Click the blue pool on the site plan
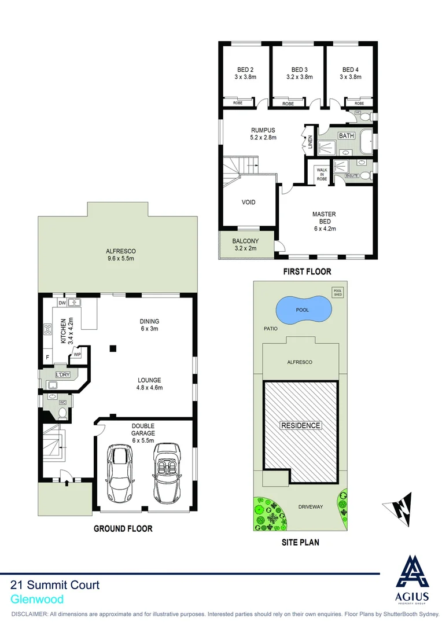302,310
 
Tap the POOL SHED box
337,292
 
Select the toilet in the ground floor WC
62,412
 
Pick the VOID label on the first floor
249,203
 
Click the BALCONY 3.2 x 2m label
245,245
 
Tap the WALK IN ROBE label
322,175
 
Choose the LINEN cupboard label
310,142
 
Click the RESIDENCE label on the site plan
301,425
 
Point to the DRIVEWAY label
310,507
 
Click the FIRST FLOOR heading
307,271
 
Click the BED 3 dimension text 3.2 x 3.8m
300,76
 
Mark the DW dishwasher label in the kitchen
61,303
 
